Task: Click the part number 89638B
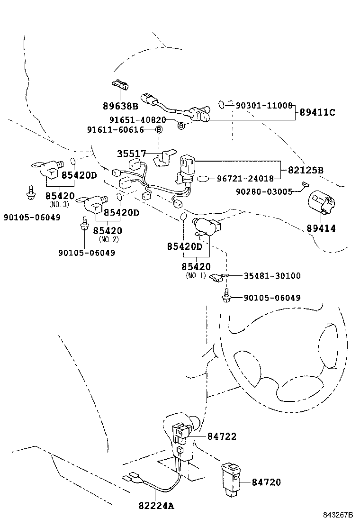point(120,106)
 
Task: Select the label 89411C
point(317,112)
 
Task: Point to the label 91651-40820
point(142,120)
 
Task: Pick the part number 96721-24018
point(245,179)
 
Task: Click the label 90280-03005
point(265,191)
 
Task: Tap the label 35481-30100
point(272,276)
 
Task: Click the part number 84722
point(221,436)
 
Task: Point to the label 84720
point(266,482)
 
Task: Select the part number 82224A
point(156,506)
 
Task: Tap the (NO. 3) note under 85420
point(59,204)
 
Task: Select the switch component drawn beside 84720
point(232,479)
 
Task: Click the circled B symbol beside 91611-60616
point(159,129)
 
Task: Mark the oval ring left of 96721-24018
point(203,179)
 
